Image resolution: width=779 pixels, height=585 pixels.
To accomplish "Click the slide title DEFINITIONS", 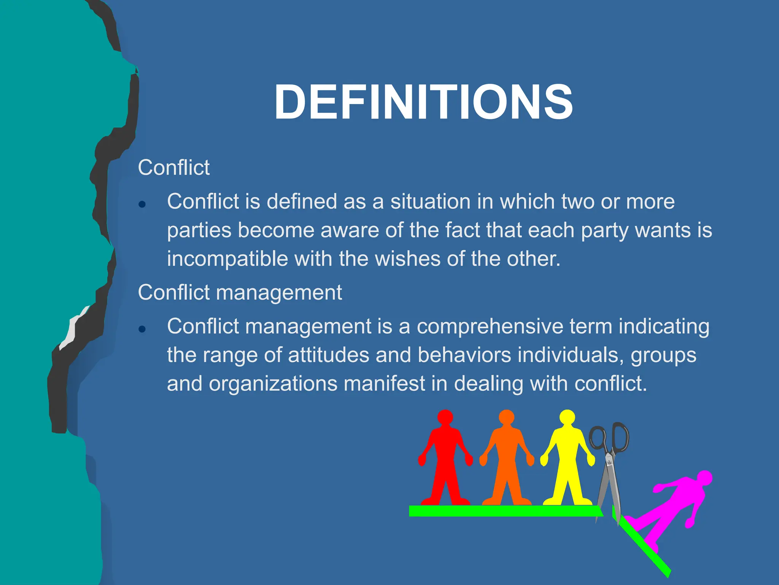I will [423, 102].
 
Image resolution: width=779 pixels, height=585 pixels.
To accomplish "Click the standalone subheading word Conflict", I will [173, 168].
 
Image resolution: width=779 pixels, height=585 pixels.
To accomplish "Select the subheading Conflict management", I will [240, 292].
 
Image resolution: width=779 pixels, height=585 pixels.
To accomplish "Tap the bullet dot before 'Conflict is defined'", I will [142, 205].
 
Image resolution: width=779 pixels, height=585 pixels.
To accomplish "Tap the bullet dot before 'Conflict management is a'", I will [142, 329].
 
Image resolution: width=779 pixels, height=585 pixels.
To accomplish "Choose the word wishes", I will [407, 259].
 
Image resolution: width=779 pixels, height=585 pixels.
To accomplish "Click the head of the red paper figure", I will [445, 417].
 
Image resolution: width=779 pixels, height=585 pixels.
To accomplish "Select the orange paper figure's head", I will [506, 417].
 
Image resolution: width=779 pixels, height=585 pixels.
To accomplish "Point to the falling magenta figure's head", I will [704, 478].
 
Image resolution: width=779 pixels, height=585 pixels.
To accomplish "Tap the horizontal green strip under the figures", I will [502, 511].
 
